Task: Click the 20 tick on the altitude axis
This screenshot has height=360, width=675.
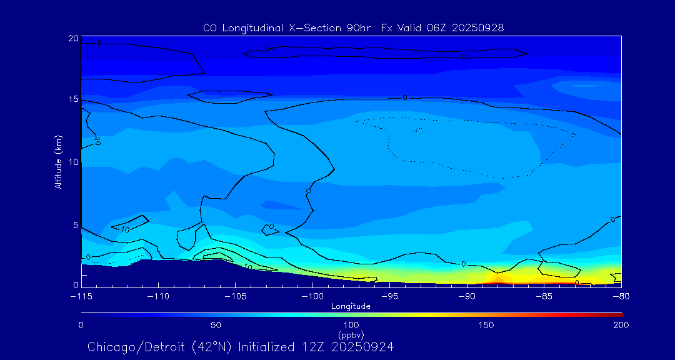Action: point(73,39)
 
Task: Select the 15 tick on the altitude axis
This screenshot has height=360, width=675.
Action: point(73,99)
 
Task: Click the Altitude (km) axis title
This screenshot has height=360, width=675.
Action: point(58,162)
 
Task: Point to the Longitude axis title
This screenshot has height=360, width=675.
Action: point(351,306)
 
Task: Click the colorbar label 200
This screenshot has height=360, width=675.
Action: point(621,325)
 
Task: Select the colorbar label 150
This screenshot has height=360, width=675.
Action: point(486,325)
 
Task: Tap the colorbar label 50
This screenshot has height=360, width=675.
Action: point(216,325)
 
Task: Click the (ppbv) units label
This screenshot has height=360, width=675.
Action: point(351,334)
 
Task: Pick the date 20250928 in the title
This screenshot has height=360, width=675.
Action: point(477,27)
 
